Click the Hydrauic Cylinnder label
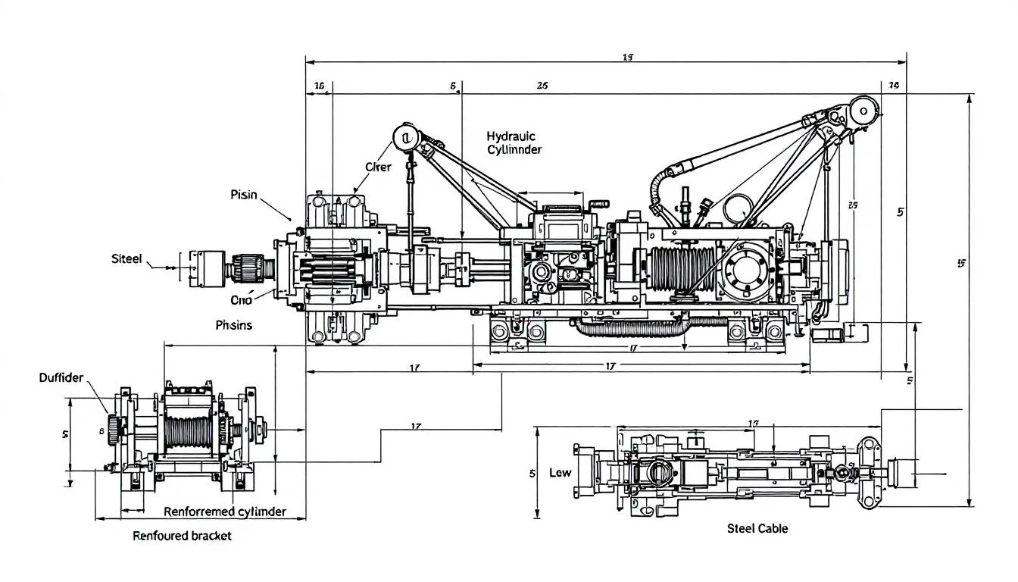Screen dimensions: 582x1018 point(514,142)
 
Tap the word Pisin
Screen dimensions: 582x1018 point(244,195)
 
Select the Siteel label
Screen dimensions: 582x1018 point(126,259)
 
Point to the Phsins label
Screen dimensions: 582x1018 point(234,325)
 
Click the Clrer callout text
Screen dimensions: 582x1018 point(378,167)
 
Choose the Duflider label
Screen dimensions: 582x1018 point(61,377)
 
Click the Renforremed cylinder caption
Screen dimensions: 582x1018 point(225,512)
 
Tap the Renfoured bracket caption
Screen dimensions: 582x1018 point(182,536)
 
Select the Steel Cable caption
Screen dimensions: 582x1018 point(757,528)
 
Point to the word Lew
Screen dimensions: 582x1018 point(560,473)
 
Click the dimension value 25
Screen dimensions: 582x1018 point(542,86)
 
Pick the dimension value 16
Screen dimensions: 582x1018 point(319,86)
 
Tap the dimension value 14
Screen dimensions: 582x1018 point(893,86)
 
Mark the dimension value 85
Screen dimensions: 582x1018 point(853,205)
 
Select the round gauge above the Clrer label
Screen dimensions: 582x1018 point(406,138)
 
